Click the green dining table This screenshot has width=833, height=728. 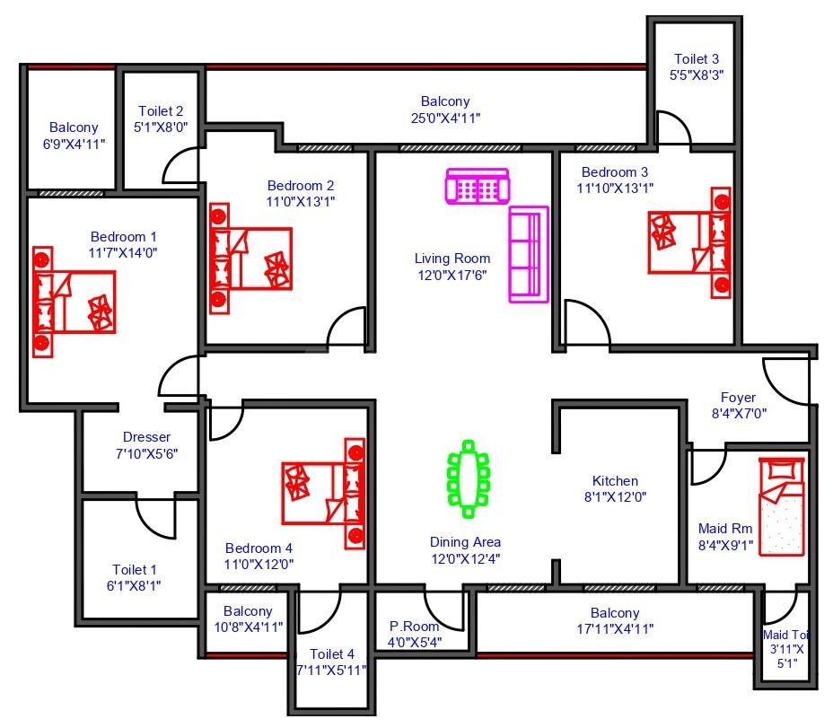tap(468, 478)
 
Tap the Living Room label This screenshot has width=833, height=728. tap(452, 259)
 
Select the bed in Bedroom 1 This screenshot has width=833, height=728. tap(74, 302)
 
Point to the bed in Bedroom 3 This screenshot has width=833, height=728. tap(689, 242)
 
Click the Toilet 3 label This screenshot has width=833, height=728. tap(697, 59)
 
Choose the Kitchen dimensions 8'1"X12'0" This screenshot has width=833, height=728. tap(615, 497)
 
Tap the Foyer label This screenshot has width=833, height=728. tap(738, 398)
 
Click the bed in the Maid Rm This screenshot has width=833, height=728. tap(782, 507)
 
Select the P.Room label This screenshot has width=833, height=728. tap(415, 627)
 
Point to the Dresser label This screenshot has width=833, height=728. tap(146, 437)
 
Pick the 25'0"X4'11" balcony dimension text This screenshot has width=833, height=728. tap(446, 118)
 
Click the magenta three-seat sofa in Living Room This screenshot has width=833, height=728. tap(529, 255)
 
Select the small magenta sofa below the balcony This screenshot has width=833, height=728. tap(478, 186)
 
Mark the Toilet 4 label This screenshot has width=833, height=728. tap(332, 654)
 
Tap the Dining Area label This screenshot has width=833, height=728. tap(465, 542)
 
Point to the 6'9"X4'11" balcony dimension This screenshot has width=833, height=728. tap(74, 145)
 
